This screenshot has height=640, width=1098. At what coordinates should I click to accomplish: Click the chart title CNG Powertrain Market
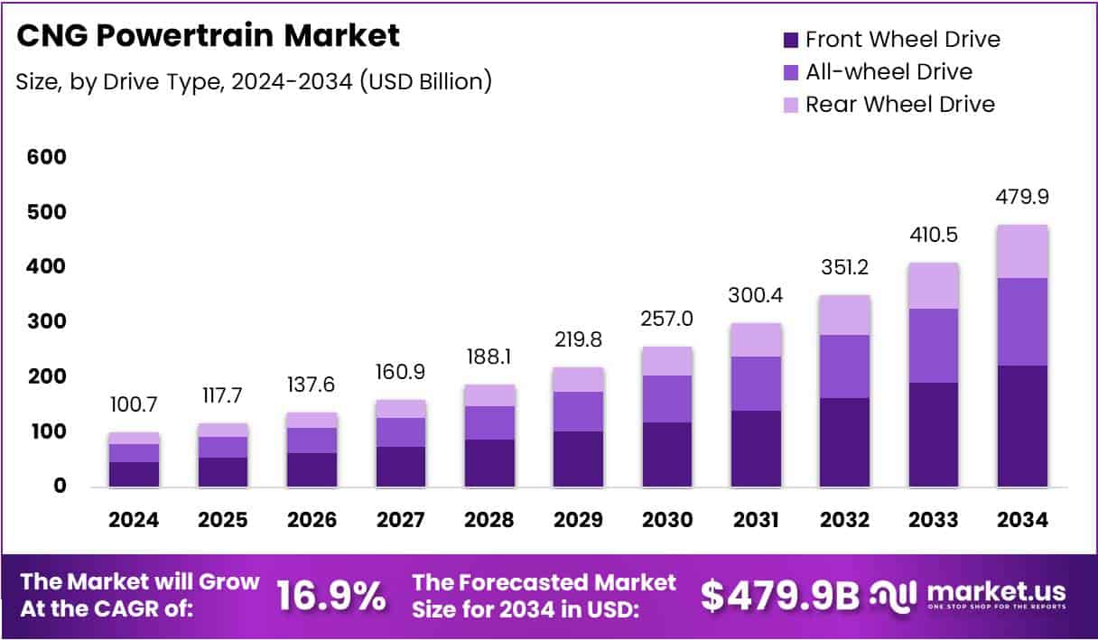coord(208,36)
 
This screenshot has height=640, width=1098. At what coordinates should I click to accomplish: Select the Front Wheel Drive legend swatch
coord(790,40)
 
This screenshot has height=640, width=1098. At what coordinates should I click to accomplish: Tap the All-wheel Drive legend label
coord(889,72)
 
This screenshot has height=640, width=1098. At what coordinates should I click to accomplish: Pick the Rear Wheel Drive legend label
coord(899,105)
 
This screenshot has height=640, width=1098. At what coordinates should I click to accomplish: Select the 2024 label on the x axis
coord(134,521)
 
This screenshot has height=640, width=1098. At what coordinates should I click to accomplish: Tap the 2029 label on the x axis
coord(578,521)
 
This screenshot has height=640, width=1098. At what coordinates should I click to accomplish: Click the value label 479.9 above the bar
coord(1023,197)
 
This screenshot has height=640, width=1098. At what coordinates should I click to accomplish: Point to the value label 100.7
coord(134,404)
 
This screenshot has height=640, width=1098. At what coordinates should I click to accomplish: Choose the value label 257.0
coord(666,320)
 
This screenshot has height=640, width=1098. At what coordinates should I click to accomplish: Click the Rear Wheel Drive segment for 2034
coord(1023,251)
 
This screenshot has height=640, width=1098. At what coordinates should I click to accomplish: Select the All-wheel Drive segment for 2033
coord(934,346)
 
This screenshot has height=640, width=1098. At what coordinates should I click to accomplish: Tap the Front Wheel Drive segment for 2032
coord(845,442)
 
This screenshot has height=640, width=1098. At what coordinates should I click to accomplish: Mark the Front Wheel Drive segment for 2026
coord(312,469)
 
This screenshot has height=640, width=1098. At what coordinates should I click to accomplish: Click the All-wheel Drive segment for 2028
coord(489,422)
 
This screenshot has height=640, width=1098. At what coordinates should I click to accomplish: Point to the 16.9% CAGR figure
coord(330,597)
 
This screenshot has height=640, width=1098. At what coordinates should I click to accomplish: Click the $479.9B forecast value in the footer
coord(779,597)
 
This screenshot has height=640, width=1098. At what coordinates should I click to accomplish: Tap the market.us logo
coord(968,596)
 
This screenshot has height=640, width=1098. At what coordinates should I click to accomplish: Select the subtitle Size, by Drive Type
coord(254,81)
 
